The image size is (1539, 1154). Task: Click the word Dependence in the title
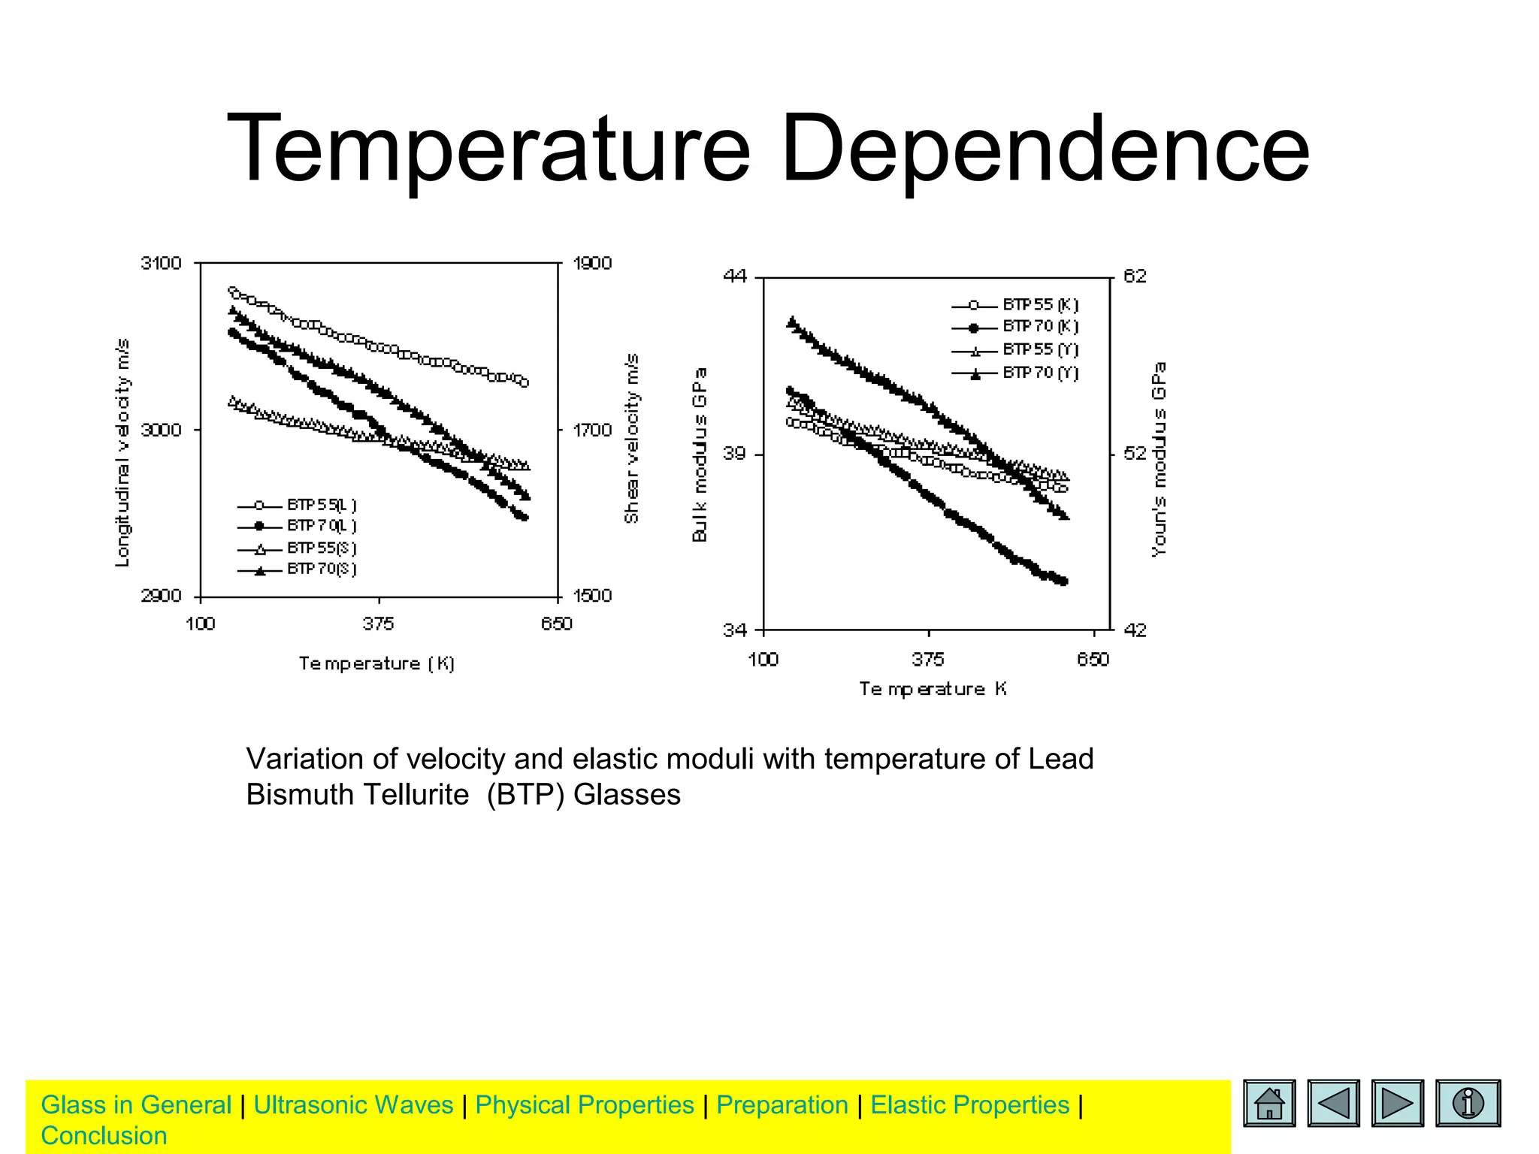(x=1045, y=149)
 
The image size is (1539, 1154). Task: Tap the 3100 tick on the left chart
(x=162, y=264)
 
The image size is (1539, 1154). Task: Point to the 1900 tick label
(x=592, y=264)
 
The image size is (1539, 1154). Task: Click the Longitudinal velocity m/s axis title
(x=122, y=452)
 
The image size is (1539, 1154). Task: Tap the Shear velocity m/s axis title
(x=632, y=439)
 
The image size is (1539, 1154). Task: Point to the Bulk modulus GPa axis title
(x=700, y=455)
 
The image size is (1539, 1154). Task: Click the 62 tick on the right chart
(x=1135, y=276)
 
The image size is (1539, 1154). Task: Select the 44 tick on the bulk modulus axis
(x=735, y=276)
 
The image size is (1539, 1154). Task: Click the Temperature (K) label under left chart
(x=376, y=664)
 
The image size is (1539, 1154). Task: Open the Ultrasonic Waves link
(x=353, y=1105)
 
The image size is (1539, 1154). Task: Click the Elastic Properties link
(x=969, y=1105)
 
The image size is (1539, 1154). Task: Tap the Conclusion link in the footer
(x=104, y=1136)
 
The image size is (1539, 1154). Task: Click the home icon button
(x=1269, y=1104)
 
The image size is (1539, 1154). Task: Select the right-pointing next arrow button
(x=1397, y=1104)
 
